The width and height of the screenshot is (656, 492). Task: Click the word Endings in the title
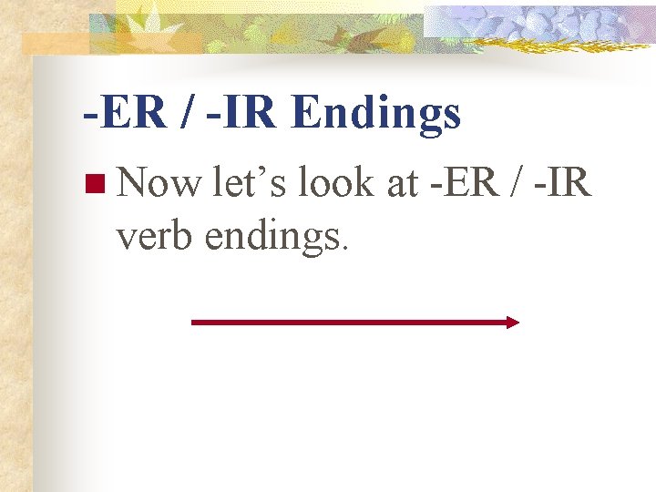(x=377, y=115)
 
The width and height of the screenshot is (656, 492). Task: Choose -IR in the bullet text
(x=563, y=184)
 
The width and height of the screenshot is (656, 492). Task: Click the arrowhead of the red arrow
(x=513, y=322)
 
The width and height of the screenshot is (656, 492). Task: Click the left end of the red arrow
(x=195, y=322)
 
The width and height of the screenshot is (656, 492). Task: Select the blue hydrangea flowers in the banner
(x=547, y=27)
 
